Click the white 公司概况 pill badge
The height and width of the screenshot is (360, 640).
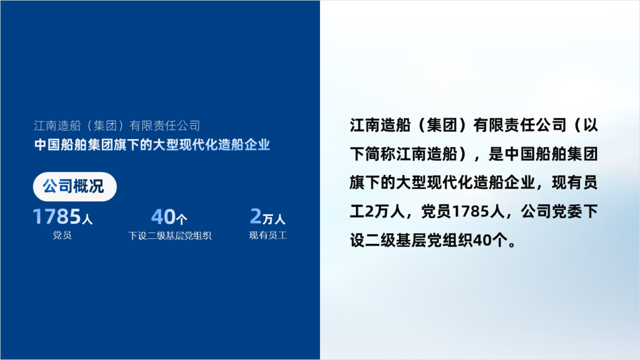point(75,186)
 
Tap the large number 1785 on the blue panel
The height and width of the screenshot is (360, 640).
point(57,216)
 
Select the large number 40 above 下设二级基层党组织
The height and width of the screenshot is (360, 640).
point(163,217)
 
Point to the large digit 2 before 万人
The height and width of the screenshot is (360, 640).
point(255,216)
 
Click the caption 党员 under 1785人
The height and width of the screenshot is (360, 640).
point(62,236)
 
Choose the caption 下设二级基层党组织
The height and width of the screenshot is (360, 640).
point(170,236)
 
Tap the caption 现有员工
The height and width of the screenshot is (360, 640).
point(268,236)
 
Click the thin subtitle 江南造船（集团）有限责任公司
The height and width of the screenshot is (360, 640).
point(117,126)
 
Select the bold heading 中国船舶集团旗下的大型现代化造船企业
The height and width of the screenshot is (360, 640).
point(152,145)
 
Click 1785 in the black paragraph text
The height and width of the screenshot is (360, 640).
point(470,211)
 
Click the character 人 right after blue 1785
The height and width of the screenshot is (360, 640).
point(87,219)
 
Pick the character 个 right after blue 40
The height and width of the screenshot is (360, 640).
point(182,219)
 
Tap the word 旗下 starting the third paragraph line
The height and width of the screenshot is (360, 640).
point(365,183)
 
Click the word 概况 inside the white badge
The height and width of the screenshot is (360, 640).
point(89,186)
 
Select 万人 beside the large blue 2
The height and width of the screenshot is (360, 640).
point(274,219)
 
